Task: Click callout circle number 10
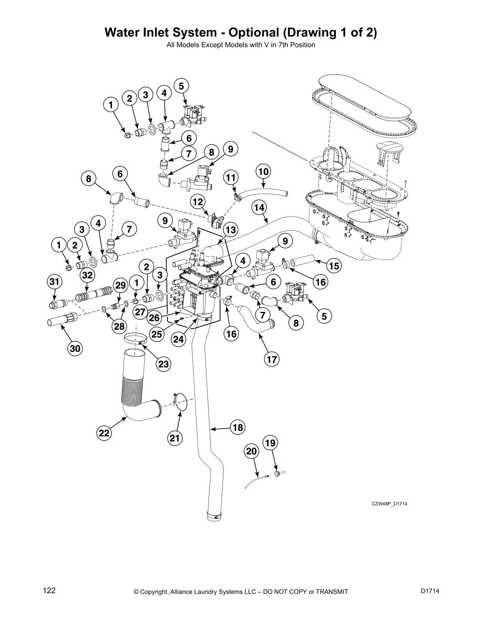pos(264,171)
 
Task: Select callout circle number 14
pos(258,207)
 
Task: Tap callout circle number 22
pos(104,433)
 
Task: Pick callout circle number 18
pos(238,428)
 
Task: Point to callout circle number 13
pos(231,229)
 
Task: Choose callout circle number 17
pos(272,359)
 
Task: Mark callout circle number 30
pos(75,348)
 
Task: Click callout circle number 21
pos(175,438)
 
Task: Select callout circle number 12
pos(198,202)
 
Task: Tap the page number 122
pos(49,591)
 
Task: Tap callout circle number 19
pos(270,443)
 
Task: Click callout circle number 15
pos(334,266)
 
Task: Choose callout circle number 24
pos(179,339)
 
